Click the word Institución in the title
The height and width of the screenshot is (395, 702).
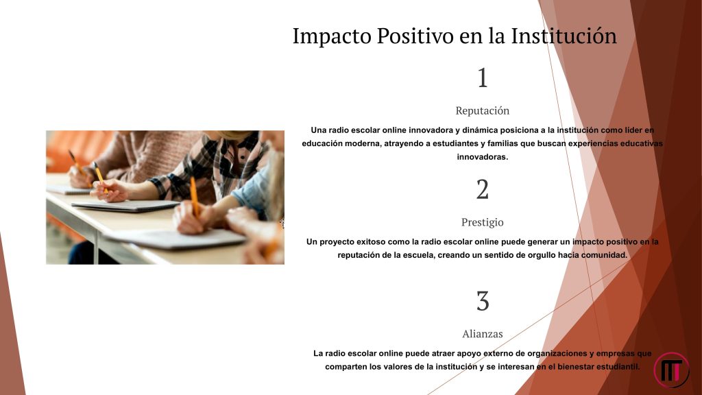pos(564,36)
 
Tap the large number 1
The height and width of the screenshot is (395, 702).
pos(482,77)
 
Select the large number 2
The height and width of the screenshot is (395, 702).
pos(482,189)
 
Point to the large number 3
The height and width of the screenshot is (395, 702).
pos(482,300)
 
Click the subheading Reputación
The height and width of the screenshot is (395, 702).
pos(482,110)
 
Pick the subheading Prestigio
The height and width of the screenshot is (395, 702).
pos(482,222)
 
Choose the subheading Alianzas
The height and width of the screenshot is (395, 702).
pos(482,334)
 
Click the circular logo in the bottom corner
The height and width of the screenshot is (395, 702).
pos(671,370)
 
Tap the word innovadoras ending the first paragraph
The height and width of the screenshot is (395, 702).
pos(482,157)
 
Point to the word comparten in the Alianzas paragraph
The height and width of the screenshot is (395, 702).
pos(344,367)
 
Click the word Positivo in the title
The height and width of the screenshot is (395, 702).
pos(415,36)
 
